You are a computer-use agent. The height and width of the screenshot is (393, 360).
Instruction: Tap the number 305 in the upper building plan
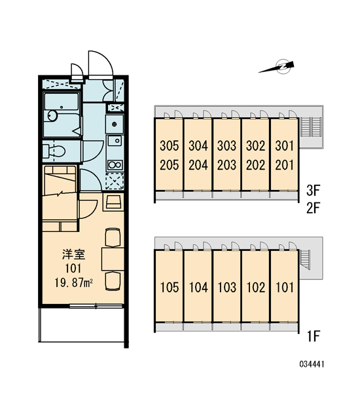tap(169, 146)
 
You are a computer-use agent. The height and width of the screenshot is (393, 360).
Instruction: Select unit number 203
tap(226, 165)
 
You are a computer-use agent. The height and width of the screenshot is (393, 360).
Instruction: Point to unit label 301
tap(284, 146)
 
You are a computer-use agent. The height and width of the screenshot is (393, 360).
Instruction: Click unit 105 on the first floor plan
tap(170, 288)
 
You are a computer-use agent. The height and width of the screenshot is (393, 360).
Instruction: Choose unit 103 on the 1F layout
tap(226, 288)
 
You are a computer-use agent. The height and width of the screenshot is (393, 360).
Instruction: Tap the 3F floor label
tap(313, 191)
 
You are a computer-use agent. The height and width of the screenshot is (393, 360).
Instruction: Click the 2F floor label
tap(313, 208)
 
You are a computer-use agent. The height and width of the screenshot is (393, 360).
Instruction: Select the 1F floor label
tap(314, 337)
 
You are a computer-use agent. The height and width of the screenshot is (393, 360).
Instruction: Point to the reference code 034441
tap(312, 364)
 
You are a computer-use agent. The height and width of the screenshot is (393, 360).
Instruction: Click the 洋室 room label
tap(73, 254)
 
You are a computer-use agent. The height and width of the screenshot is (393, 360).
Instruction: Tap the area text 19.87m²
tap(74, 284)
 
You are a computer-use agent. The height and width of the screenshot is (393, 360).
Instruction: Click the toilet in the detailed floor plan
tap(54, 151)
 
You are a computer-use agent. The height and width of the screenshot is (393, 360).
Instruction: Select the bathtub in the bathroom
tap(62, 102)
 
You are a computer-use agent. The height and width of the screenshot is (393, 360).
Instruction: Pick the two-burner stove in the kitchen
tap(115, 166)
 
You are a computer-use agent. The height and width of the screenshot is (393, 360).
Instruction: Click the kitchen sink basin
tap(115, 141)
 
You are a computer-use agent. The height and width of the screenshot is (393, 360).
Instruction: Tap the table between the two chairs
tap(113, 259)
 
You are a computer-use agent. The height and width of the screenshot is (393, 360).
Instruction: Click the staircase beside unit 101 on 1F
tap(305, 259)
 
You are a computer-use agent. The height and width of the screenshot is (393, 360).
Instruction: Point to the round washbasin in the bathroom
tap(52, 116)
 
